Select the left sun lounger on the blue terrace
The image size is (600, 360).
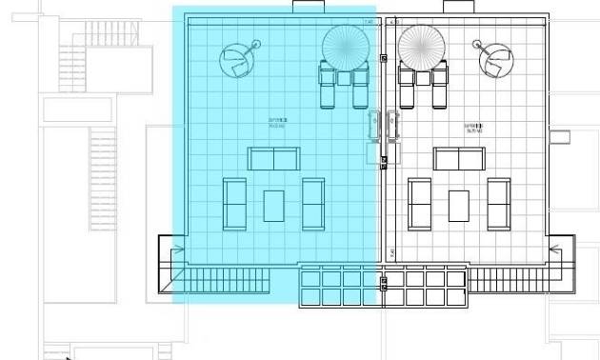(x=327, y=88)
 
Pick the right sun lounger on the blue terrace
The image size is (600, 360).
(x=360, y=88)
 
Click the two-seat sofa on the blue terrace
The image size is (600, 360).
(x=274, y=158)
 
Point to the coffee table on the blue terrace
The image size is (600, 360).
(x=274, y=203)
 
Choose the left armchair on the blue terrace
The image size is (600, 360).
(x=234, y=203)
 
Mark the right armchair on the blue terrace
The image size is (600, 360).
(x=313, y=203)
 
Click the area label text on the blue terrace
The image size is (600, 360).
(x=278, y=123)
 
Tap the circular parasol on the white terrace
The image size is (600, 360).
(x=420, y=45)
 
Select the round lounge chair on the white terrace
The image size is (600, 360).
(x=496, y=60)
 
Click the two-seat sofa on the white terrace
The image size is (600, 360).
(x=459, y=158)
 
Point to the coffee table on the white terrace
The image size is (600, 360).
(x=459, y=203)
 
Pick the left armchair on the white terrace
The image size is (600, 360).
(x=420, y=203)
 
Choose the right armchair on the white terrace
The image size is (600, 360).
(x=498, y=203)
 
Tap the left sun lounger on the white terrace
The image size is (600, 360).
(x=407, y=88)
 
